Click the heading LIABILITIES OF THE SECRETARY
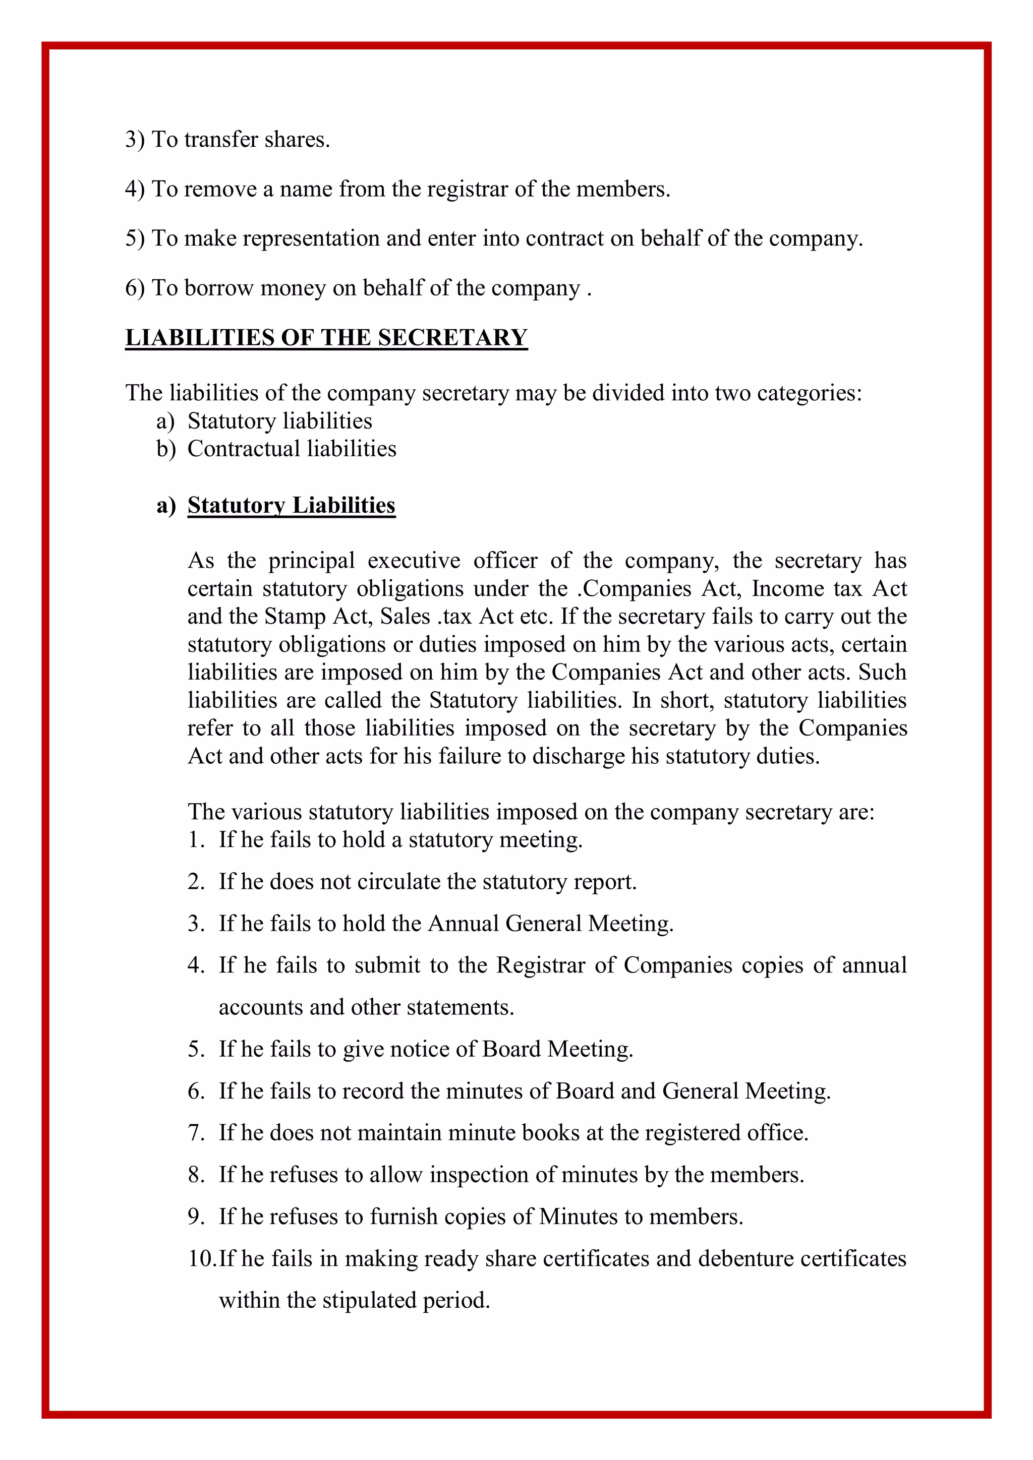coord(326,337)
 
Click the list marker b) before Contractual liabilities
coord(165,449)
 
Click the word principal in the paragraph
coord(311,561)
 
